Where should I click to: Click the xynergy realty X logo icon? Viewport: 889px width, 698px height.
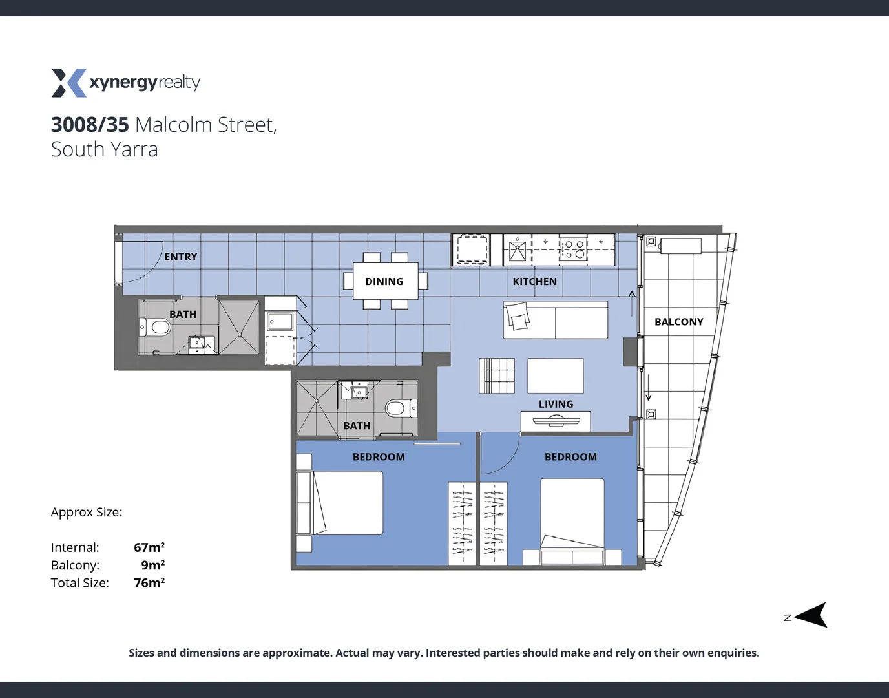(68, 83)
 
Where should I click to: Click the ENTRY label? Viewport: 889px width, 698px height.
(181, 257)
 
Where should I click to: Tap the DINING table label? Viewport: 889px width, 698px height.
(384, 281)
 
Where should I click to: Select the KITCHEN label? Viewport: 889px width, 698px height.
(534, 281)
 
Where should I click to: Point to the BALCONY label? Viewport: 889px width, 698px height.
(678, 321)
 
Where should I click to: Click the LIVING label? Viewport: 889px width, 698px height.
(556, 404)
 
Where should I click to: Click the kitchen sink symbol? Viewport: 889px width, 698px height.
(518, 249)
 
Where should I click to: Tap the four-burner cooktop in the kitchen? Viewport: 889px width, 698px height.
(573, 249)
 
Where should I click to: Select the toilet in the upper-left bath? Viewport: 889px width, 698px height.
(154, 328)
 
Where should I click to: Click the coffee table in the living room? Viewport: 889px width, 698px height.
(556, 375)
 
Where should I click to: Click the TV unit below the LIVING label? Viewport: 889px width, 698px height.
(555, 421)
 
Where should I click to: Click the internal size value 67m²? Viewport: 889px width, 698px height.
(149, 547)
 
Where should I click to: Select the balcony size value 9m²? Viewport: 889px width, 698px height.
(152, 565)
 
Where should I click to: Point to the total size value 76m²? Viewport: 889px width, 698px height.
(149, 583)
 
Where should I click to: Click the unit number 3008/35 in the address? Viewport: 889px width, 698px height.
(90, 124)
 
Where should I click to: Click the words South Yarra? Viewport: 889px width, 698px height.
(105, 149)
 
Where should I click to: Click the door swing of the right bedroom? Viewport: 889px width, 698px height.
(501, 456)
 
